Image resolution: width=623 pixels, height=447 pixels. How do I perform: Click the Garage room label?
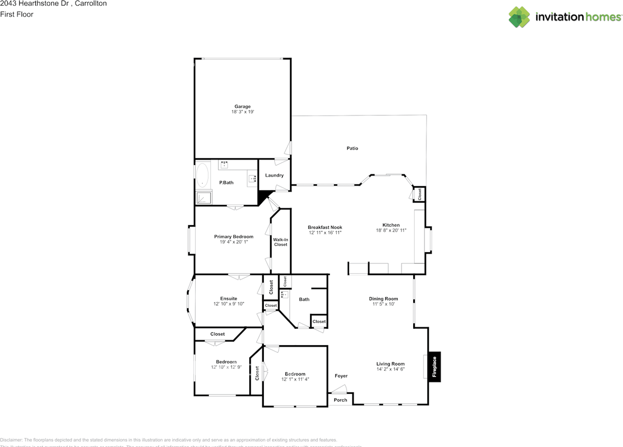point(242,107)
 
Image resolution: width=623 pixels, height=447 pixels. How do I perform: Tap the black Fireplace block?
point(434,367)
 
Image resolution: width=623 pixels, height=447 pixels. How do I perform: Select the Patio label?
point(352,148)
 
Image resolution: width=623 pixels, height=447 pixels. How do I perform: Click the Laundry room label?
point(274,175)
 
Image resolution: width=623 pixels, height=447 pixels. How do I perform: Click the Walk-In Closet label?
point(280,242)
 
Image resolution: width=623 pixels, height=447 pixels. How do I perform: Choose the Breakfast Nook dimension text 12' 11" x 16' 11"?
point(325,233)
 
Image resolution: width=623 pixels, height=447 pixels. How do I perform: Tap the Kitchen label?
point(391,225)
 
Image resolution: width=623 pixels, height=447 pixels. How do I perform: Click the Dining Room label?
point(383,299)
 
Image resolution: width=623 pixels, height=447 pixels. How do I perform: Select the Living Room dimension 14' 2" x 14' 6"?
point(390,369)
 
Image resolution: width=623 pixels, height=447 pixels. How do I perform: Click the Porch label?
point(340,400)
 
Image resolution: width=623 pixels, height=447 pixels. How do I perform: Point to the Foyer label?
point(341,376)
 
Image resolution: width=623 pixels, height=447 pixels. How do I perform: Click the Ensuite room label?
point(228,298)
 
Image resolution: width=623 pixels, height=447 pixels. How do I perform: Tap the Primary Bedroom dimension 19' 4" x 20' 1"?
point(234,242)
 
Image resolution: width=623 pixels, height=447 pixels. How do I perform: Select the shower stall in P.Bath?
point(203,198)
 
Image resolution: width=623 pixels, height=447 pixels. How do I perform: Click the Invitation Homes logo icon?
point(519,17)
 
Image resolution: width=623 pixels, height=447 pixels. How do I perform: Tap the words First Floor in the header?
point(17,14)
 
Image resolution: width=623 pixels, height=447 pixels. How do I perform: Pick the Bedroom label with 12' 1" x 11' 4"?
point(295,374)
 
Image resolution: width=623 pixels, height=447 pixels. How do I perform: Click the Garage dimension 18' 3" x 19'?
point(242,112)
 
